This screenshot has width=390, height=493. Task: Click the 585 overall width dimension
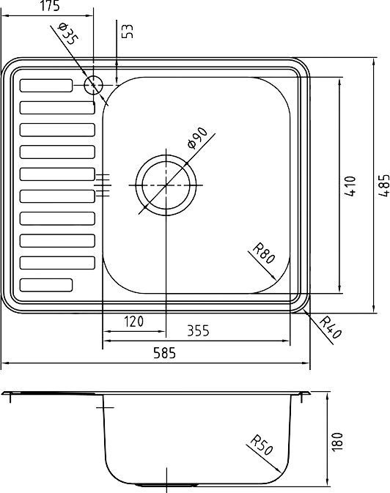tap(165, 354)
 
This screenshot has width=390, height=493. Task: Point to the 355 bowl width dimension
tap(197, 330)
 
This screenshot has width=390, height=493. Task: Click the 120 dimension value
tap(133, 321)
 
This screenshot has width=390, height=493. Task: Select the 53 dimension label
tap(128, 31)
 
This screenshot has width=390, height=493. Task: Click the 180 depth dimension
tap(337, 442)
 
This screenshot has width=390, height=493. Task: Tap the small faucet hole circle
tap(93, 85)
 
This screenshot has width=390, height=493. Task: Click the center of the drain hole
tap(166, 185)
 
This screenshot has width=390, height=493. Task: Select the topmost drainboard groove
tap(46, 85)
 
